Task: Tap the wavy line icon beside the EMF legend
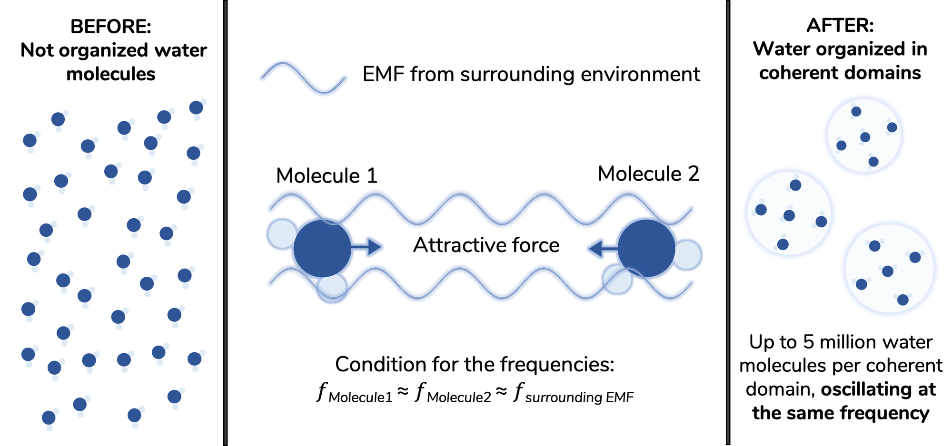click(303, 77)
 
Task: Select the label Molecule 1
click(327, 176)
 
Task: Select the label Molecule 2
click(648, 174)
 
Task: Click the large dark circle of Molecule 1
click(322, 248)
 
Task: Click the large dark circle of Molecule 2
click(646, 248)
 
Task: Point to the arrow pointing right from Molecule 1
click(367, 247)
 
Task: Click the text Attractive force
click(486, 245)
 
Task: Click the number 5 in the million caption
click(808, 342)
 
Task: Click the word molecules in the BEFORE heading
click(110, 75)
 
